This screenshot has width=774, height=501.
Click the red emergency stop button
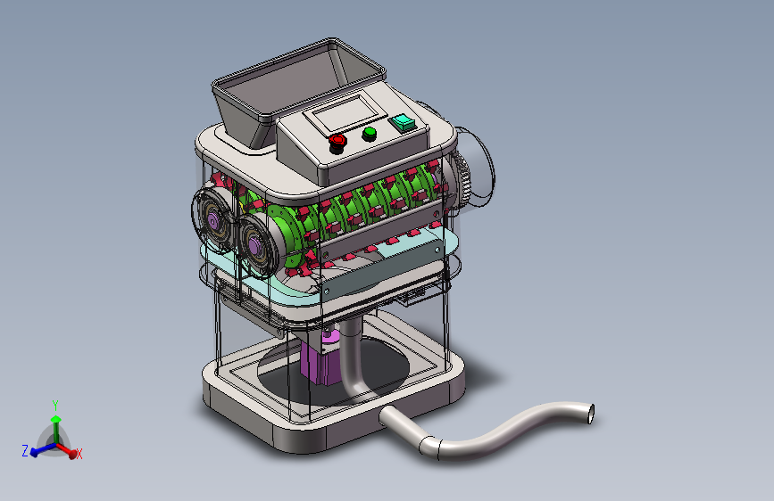coord(337,142)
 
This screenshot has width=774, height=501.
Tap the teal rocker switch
coord(403,122)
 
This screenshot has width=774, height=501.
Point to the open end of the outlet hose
coord(590,414)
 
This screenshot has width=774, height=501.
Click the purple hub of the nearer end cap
coord(254,244)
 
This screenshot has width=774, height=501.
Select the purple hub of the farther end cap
coord(212,219)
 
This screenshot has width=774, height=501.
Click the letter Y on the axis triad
coord(55,406)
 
